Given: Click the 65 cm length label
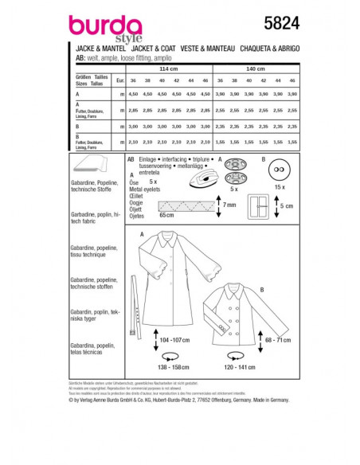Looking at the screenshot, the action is [166, 214].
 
